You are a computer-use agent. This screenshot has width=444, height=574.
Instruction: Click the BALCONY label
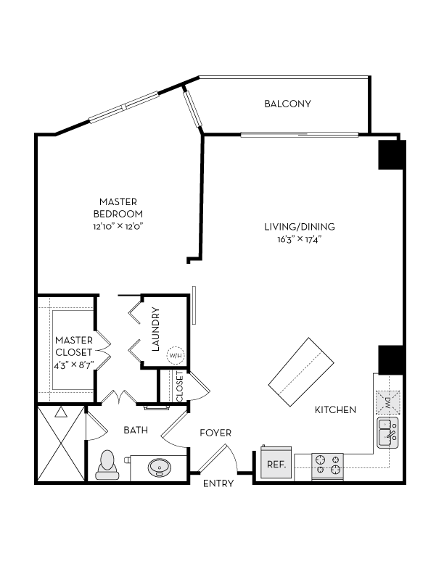(x=287, y=104)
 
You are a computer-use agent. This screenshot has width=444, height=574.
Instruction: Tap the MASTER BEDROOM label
(x=118, y=207)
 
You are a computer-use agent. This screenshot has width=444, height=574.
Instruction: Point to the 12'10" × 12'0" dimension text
(x=118, y=226)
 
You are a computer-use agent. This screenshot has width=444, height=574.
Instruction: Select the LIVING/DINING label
(x=300, y=227)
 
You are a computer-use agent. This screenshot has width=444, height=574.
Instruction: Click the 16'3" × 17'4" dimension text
(x=300, y=238)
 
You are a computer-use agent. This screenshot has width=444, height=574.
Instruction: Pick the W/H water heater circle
(x=175, y=356)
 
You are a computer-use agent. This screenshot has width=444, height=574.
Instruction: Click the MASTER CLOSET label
(x=73, y=346)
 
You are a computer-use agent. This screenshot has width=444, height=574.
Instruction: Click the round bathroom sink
(x=160, y=467)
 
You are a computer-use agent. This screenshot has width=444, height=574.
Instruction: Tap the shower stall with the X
(x=60, y=444)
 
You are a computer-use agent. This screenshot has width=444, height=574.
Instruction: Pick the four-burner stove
(x=327, y=465)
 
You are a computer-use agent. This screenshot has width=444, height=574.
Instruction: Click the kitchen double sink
(x=387, y=434)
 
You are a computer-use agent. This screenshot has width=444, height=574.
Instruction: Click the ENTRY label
(x=218, y=484)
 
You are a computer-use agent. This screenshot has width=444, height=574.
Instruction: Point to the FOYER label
(x=215, y=433)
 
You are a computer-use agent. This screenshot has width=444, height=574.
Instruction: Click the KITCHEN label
(x=335, y=410)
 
